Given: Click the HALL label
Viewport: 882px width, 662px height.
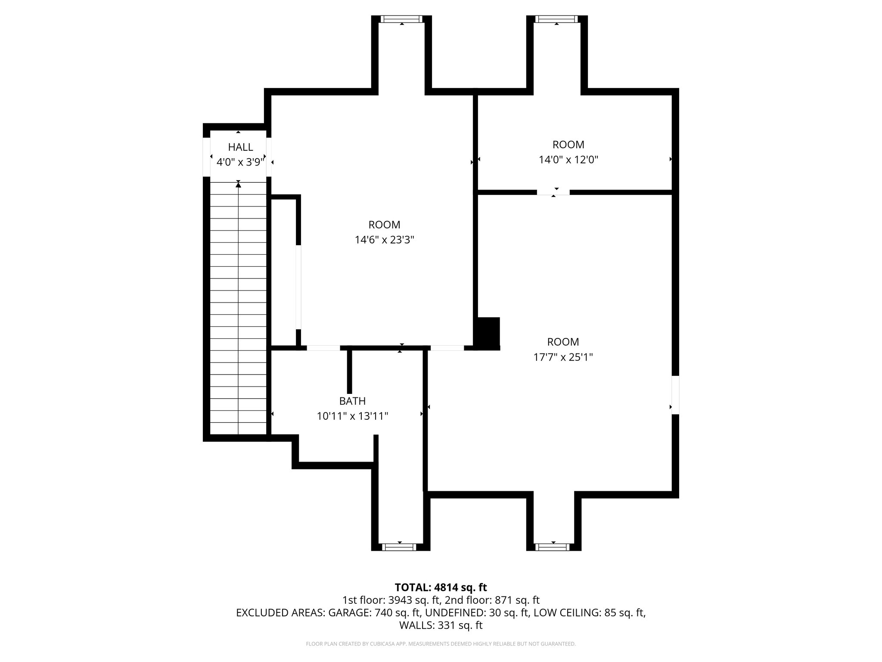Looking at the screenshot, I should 240,147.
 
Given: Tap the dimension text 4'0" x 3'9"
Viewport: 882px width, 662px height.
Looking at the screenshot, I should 240,162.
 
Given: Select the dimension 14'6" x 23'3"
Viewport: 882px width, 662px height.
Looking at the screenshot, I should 384,240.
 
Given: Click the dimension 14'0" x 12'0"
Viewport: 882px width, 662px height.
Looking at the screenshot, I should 568,160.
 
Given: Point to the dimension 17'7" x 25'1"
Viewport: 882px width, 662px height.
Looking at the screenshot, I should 563,357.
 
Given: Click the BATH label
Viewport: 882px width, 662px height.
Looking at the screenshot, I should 352,401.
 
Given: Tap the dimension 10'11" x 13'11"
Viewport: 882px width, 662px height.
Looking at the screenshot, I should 352,416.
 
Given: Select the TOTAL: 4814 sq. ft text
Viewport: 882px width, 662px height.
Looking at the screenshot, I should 441,587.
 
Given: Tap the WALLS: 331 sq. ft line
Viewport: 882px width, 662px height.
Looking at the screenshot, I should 441,625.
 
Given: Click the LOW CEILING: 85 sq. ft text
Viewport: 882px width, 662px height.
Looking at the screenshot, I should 589,613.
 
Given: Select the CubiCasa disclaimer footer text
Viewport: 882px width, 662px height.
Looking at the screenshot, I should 441,644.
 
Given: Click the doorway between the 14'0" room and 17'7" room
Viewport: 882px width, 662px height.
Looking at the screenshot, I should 553,192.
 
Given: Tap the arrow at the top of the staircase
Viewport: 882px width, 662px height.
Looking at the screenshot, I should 238,185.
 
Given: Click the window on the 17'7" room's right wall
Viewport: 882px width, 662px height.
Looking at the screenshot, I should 675,395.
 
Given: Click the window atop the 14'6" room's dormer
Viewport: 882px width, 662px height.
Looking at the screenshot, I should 401,19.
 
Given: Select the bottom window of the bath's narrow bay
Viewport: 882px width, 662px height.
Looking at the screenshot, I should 400,547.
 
